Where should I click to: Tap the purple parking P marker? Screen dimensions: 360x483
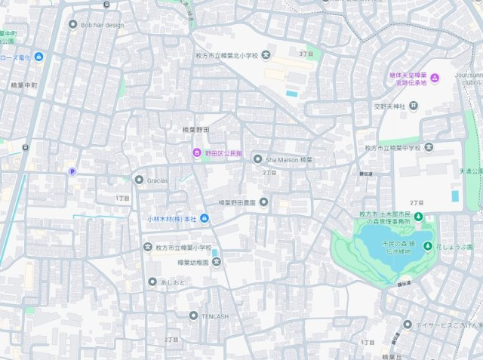(x=72, y=172)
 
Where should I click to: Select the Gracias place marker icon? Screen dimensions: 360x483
(x=138, y=180)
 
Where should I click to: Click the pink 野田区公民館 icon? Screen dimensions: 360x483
(x=197, y=153)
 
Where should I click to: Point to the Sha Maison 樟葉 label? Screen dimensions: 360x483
(x=288, y=160)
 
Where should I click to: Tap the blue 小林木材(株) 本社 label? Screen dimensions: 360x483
(x=171, y=219)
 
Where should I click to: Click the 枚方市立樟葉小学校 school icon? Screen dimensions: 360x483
(x=147, y=247)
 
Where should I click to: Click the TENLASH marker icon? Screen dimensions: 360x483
(x=193, y=315)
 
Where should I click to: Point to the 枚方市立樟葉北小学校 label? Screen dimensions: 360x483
(x=223, y=55)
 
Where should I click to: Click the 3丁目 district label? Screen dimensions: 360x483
(x=306, y=54)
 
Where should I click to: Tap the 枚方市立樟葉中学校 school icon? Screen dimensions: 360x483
(x=429, y=147)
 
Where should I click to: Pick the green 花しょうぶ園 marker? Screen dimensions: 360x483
(x=428, y=246)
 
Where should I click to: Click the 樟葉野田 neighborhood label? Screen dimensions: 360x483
(x=195, y=130)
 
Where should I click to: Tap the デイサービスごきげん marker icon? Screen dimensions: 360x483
(x=407, y=325)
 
